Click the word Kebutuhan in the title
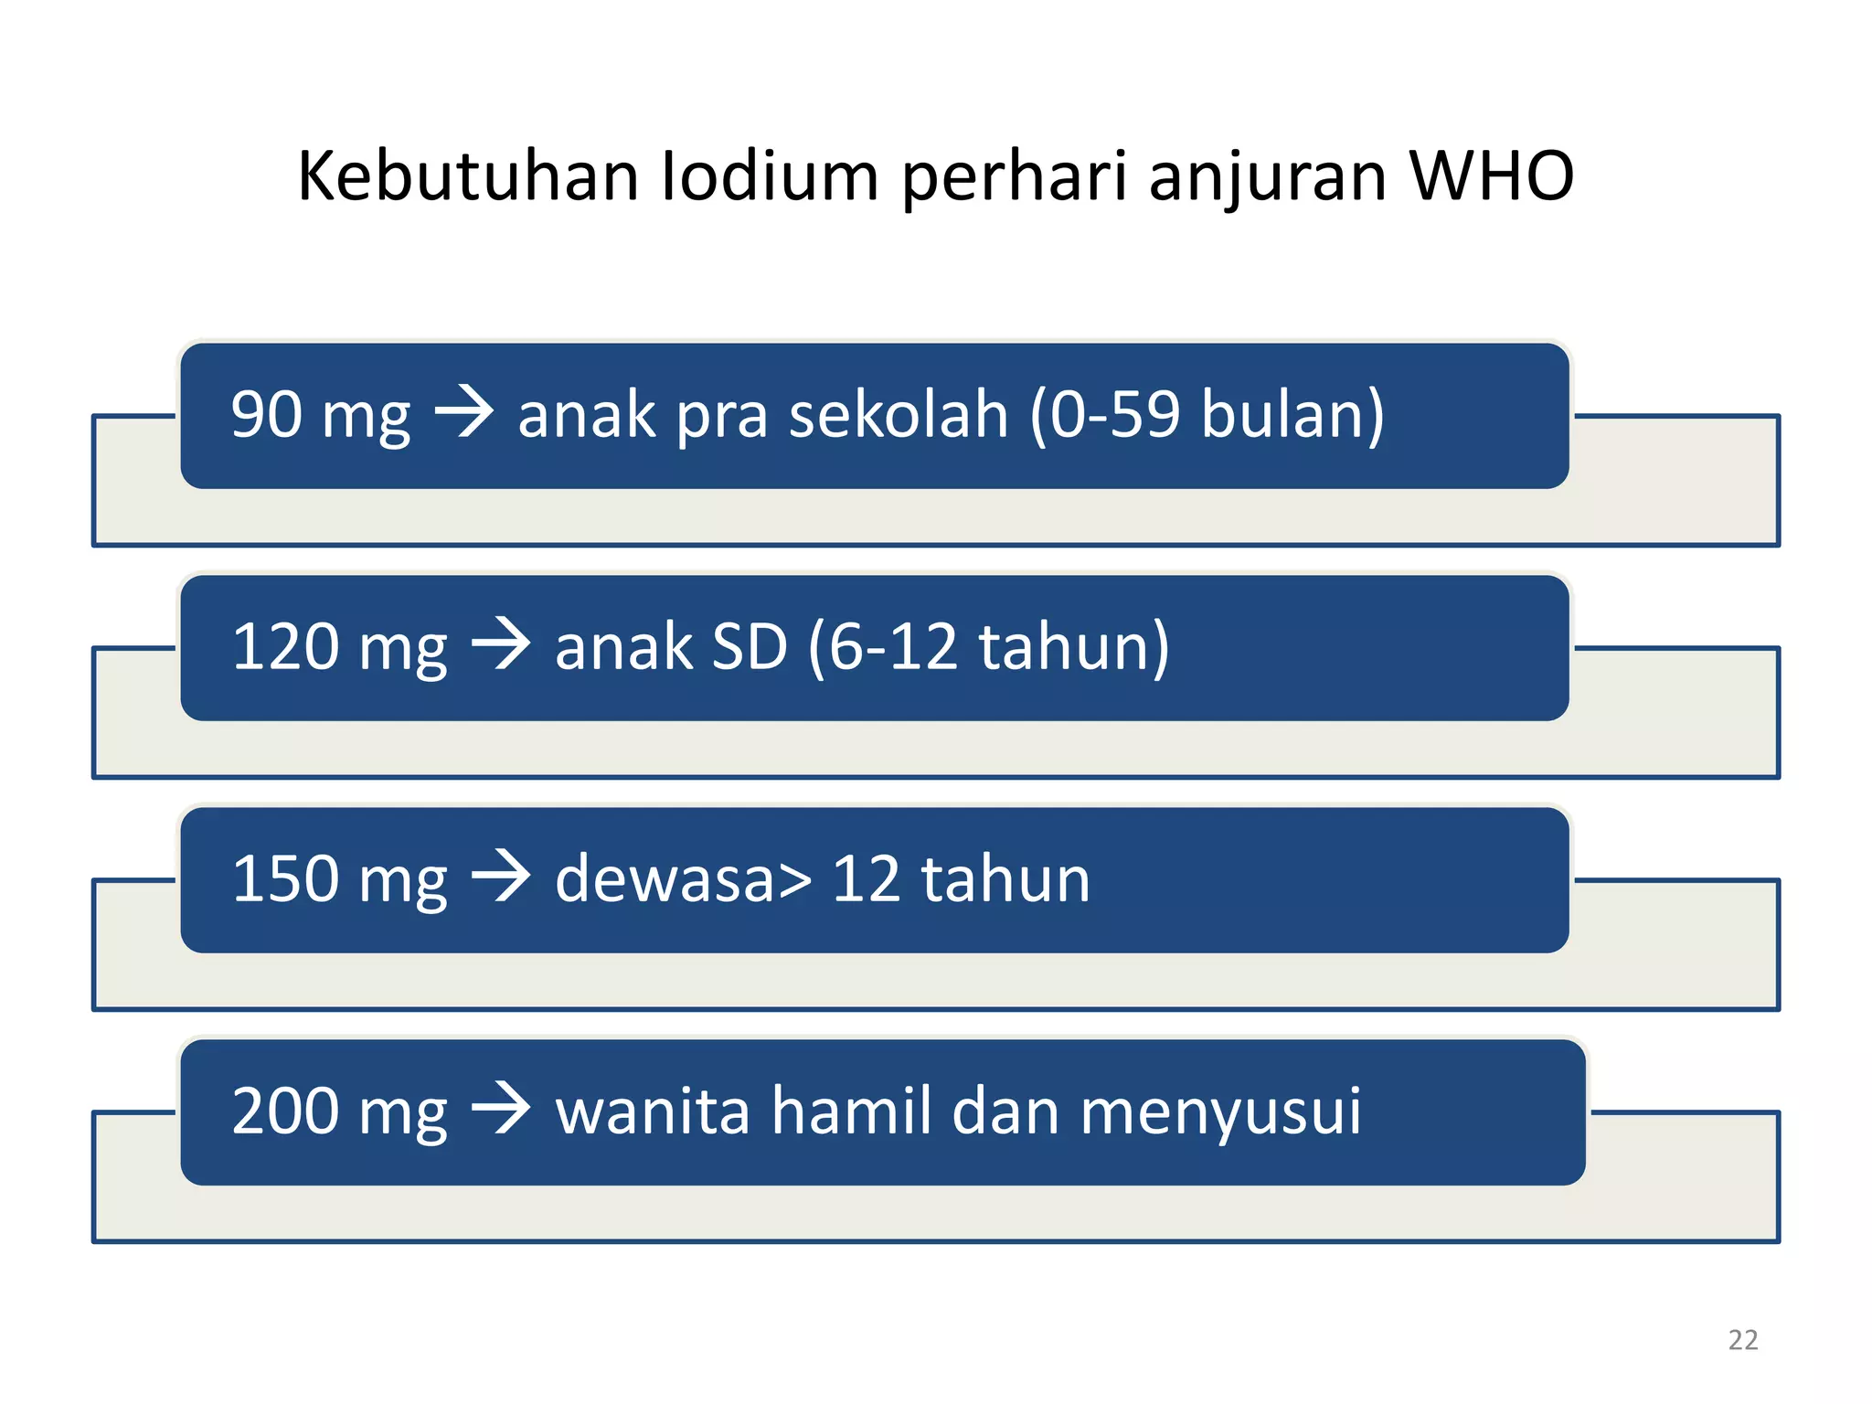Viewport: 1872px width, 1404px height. [467, 175]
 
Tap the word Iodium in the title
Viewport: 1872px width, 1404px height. [769, 175]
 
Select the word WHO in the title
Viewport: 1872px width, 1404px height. [1491, 175]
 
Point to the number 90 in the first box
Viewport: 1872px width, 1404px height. [266, 415]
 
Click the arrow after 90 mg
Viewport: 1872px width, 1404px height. [464, 413]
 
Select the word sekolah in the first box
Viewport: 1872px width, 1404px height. [898, 415]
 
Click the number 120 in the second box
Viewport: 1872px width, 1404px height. [285, 647]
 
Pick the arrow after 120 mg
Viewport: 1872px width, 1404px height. [501, 645]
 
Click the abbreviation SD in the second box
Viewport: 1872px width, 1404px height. [749, 647]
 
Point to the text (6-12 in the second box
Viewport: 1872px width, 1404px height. [883, 647]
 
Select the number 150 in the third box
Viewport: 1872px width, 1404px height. [285, 879]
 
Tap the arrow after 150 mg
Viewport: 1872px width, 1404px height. [501, 877]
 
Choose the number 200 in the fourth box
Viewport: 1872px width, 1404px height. [285, 1111]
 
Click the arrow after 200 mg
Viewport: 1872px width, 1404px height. [501, 1110]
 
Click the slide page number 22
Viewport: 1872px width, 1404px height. [1742, 1340]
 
